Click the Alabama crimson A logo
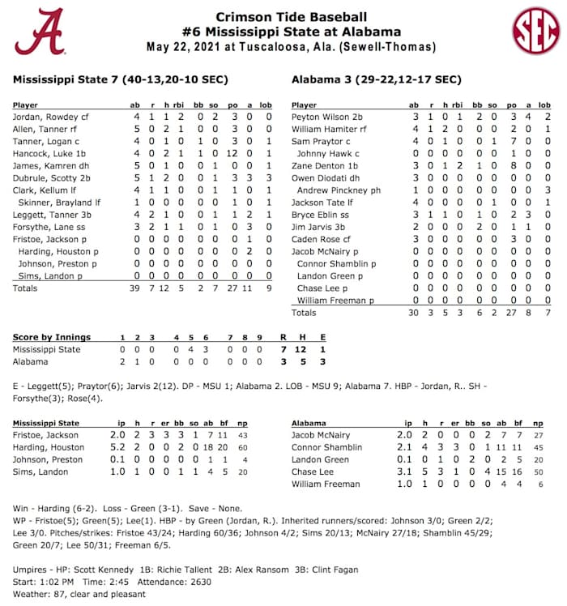coord(39,31)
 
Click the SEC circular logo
coord(535,31)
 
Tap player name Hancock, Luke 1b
coord(47,153)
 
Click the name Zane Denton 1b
coord(325,165)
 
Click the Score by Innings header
coord(52,337)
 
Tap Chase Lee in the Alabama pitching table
coord(313,472)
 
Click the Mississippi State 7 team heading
coord(121,79)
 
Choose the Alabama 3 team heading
coord(376,79)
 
